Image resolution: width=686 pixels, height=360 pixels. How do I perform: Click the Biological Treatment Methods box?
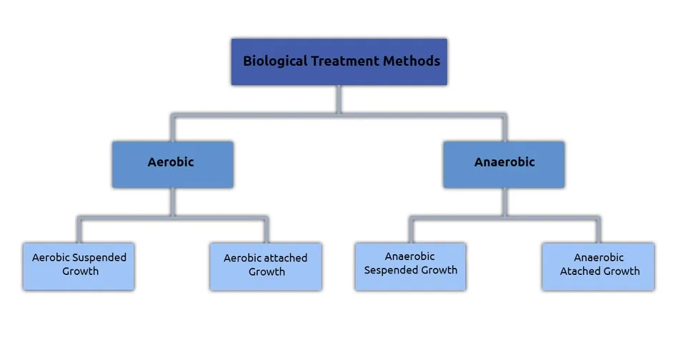(x=339, y=61)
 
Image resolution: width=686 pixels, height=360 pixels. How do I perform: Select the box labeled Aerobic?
(x=172, y=164)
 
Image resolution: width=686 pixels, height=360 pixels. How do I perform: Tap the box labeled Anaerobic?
(x=504, y=164)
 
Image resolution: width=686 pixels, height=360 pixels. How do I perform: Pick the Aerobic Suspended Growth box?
(x=79, y=266)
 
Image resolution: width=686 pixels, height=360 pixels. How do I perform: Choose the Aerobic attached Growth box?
(x=266, y=266)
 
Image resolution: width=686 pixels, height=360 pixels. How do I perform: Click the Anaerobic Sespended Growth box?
(x=410, y=266)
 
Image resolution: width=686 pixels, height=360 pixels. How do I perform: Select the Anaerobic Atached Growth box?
(x=598, y=266)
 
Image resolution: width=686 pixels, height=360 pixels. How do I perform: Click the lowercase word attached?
(x=286, y=258)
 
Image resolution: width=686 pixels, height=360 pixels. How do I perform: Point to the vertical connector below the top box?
(x=339, y=99)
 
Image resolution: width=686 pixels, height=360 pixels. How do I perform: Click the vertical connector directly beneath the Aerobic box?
(x=172, y=201)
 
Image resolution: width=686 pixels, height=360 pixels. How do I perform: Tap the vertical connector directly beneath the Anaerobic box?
(x=504, y=201)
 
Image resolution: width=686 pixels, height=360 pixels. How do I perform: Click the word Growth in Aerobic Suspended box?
(x=80, y=271)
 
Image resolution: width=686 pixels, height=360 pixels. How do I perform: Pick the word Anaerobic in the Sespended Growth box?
(x=409, y=256)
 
